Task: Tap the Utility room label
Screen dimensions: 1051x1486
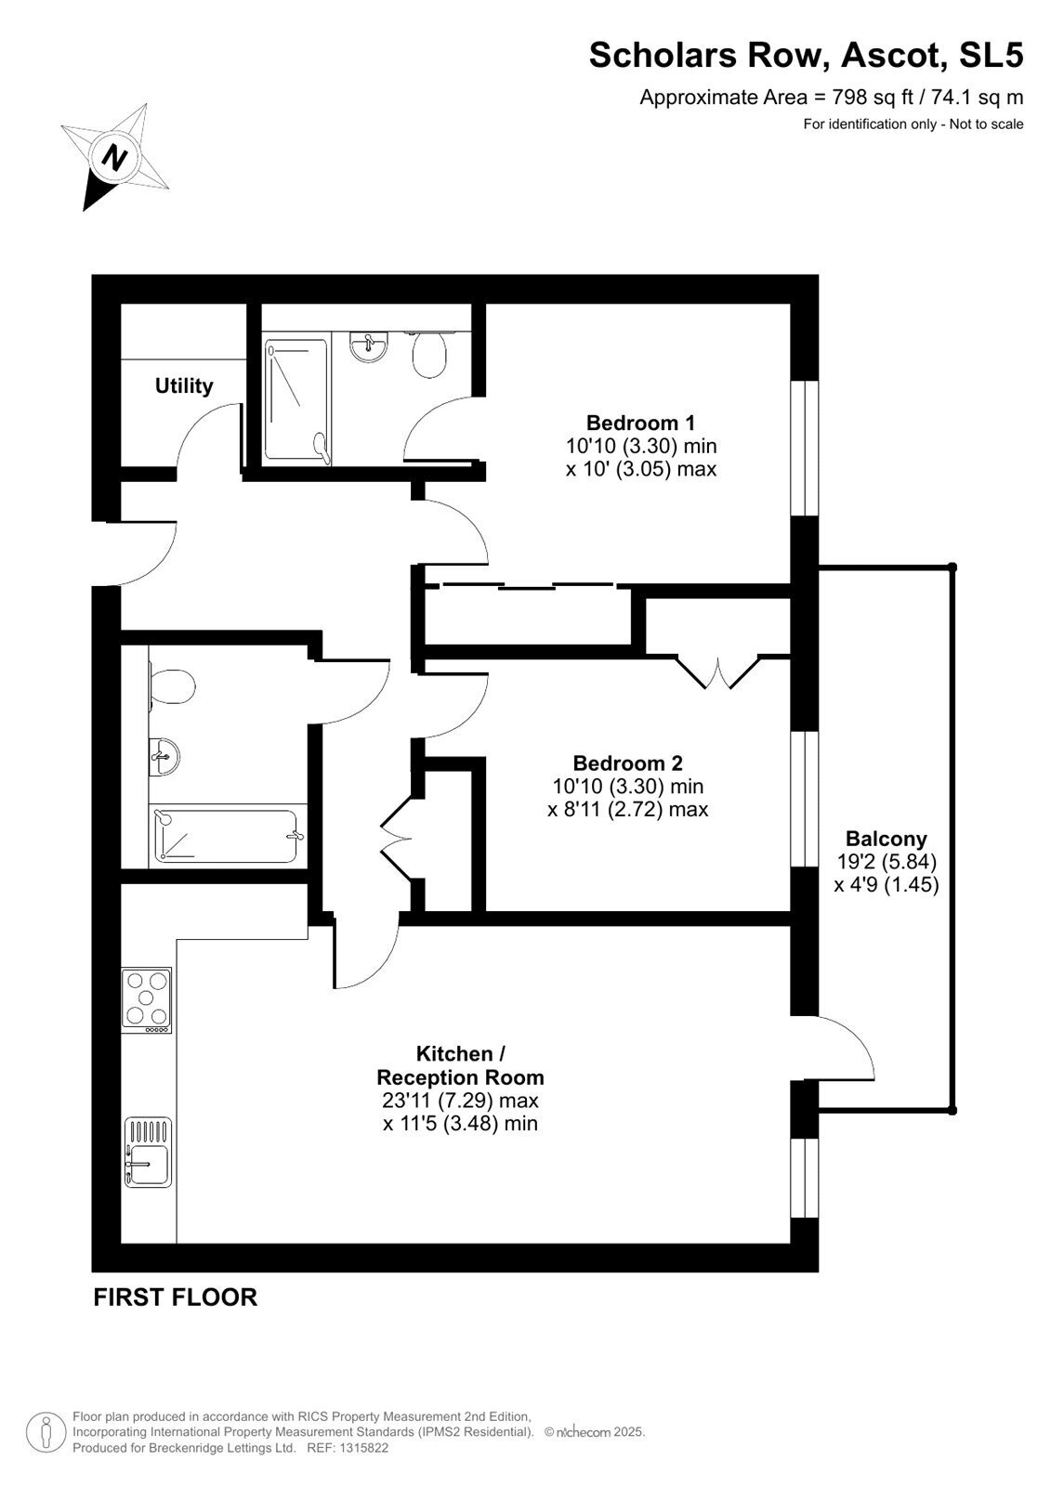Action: (x=184, y=386)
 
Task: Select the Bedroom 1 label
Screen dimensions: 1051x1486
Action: (x=640, y=423)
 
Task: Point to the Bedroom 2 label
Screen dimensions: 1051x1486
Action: (x=627, y=763)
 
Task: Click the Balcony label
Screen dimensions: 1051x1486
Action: (x=887, y=839)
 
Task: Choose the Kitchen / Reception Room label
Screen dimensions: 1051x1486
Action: (x=460, y=1064)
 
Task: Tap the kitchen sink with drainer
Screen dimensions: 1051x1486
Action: (x=148, y=1153)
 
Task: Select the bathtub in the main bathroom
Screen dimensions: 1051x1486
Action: (x=228, y=837)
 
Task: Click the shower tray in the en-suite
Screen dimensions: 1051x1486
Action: (x=296, y=400)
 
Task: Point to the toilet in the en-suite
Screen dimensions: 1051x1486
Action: (x=429, y=354)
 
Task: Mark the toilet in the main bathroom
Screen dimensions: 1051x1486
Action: (x=171, y=685)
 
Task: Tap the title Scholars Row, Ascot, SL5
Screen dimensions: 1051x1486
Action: (x=806, y=55)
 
